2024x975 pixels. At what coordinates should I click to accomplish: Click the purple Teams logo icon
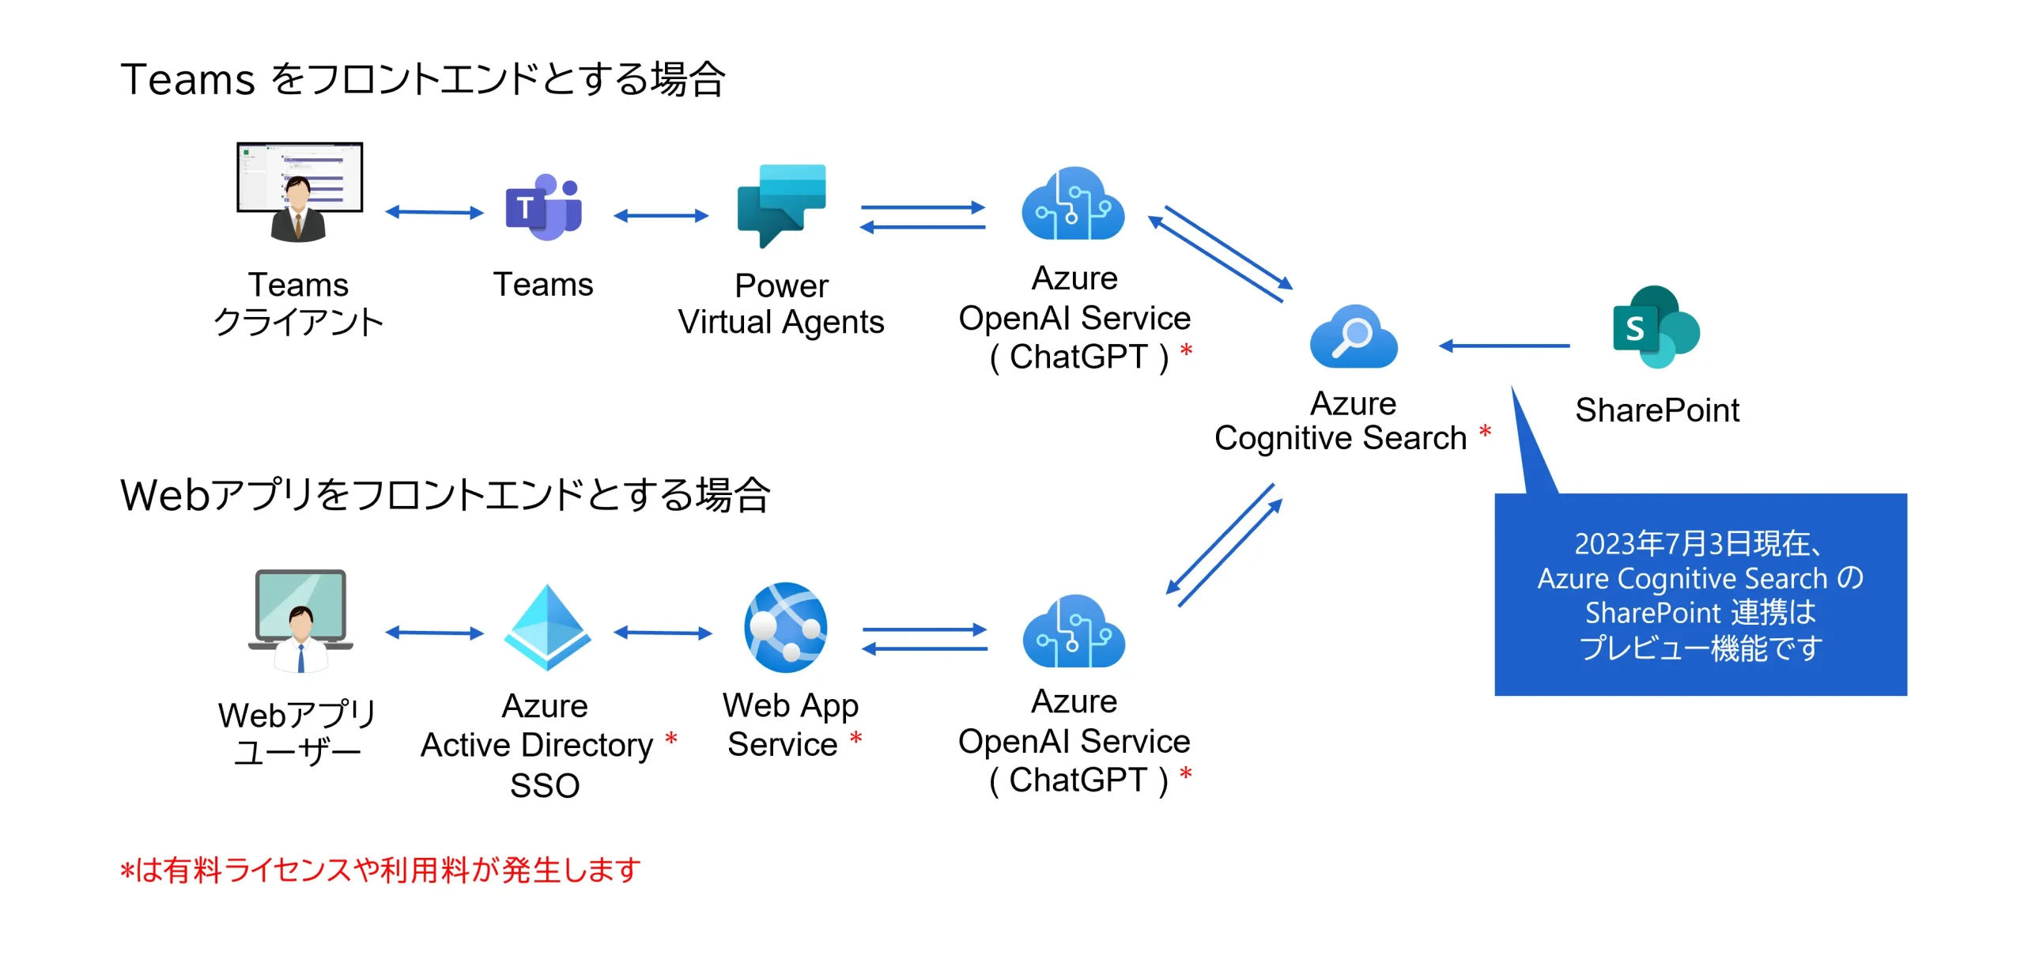(544, 207)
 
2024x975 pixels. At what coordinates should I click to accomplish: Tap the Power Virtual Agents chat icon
(781, 205)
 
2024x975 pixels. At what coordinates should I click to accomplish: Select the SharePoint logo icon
(1656, 327)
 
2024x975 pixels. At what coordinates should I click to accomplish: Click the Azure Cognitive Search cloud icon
(1354, 337)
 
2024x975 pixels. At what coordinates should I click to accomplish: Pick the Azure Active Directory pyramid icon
(546, 627)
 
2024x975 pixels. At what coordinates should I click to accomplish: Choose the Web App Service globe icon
(785, 627)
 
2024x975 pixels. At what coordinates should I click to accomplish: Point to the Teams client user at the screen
(299, 192)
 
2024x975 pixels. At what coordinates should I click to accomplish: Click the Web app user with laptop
(300, 622)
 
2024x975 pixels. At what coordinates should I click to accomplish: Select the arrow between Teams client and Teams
(434, 212)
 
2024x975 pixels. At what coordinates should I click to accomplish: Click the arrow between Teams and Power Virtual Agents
(661, 215)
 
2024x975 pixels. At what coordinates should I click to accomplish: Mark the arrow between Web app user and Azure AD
(434, 633)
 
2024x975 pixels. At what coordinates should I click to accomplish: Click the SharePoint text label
(1656, 410)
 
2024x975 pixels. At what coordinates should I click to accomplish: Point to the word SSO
(545, 785)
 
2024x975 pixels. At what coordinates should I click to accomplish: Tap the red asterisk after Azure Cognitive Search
(1485, 432)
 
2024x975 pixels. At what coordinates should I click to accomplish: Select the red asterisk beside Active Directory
(671, 739)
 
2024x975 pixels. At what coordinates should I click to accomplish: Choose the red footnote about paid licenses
(380, 870)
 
